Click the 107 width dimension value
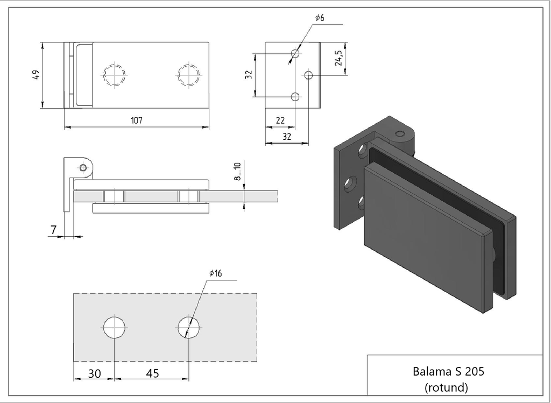[136, 120]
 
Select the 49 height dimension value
[36, 75]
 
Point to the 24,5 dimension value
[338, 58]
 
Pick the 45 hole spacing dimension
[152, 373]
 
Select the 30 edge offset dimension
[94, 373]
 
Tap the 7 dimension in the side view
[53, 230]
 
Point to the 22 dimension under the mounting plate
[280, 121]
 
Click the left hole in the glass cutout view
[115, 327]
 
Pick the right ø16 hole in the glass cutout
[188, 327]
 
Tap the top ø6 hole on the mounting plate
[295, 54]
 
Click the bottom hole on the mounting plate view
[295, 97]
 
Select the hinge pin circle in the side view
[82, 167]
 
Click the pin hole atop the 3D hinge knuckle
[399, 134]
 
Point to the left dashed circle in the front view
[115, 74]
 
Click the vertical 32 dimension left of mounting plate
[249, 75]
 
